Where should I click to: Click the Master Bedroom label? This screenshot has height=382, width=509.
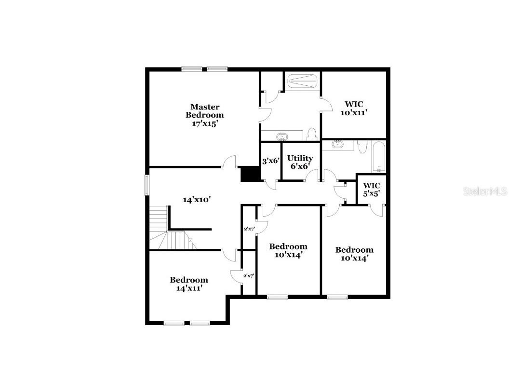tap(205, 111)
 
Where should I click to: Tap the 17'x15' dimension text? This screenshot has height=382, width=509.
tap(205, 123)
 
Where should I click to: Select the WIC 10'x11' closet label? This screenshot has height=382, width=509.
tap(353, 108)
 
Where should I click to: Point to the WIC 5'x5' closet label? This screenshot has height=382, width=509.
tap(371, 190)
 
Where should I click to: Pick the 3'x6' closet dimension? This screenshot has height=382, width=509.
tap(270, 161)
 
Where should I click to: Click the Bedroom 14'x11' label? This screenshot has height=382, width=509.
tap(188, 284)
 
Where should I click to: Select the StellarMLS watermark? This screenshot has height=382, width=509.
tap(485, 191)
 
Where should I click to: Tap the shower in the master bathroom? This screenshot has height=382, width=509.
tap(302, 81)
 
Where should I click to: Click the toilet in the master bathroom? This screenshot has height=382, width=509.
tap(311, 134)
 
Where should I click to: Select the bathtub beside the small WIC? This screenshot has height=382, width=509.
tap(378, 156)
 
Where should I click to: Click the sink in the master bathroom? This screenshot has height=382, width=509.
tap(282, 136)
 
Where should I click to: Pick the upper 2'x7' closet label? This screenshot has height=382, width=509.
tap(249, 229)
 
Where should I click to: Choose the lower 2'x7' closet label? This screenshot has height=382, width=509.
tap(249, 276)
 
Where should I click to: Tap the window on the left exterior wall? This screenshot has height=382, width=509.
tap(147, 184)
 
